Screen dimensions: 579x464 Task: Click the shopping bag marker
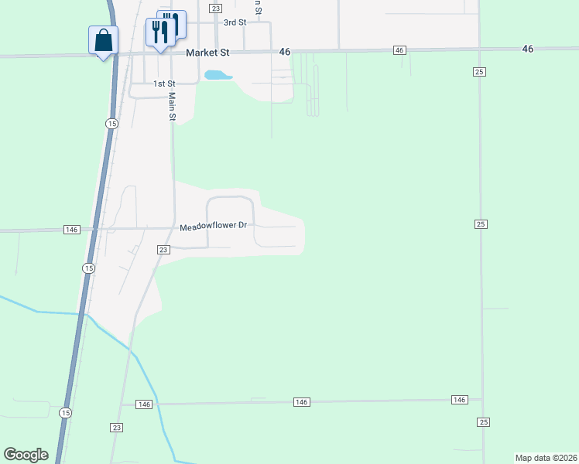(104, 40)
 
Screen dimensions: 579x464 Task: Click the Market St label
(208, 53)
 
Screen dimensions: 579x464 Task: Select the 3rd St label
(235, 22)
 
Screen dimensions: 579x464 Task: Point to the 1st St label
(163, 84)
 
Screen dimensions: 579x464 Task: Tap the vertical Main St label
(173, 107)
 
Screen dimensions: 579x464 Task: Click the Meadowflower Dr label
(213, 227)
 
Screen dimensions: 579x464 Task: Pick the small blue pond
(218, 75)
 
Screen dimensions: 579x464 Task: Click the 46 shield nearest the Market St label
(285, 51)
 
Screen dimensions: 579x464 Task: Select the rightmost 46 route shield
(528, 49)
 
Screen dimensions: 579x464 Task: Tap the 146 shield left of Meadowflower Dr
(72, 230)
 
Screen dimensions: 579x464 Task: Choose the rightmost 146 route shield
(460, 399)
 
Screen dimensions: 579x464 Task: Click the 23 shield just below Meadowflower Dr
(163, 250)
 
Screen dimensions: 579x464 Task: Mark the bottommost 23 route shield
(117, 428)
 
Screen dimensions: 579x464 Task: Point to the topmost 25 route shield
(480, 71)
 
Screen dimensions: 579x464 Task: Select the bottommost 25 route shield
(483, 421)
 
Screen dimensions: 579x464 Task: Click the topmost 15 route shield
(112, 124)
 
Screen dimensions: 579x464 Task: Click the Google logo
(26, 455)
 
